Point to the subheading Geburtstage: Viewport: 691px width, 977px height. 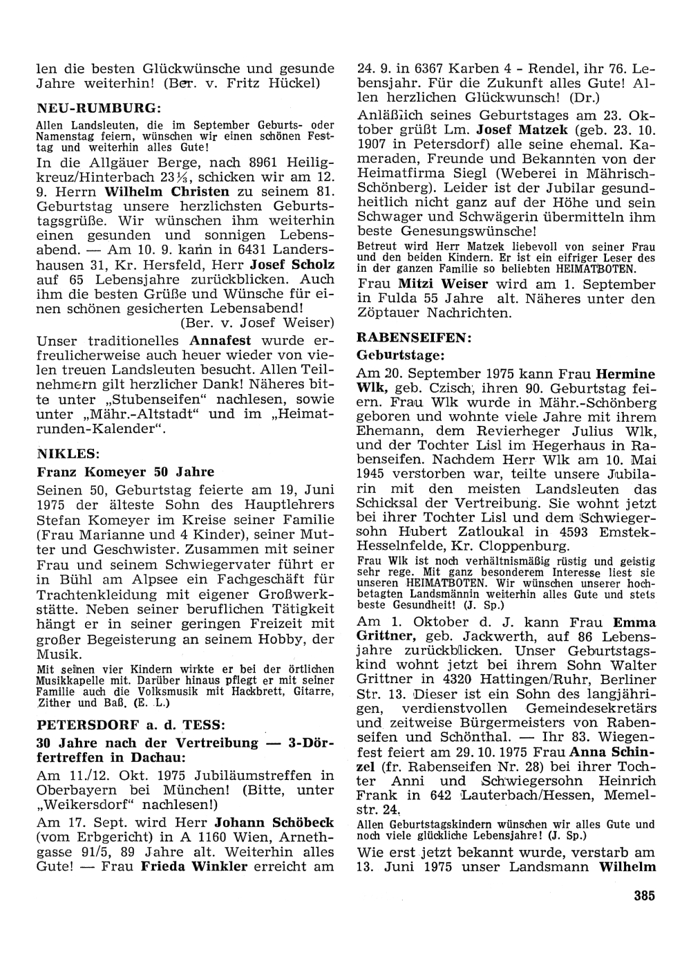[x=399, y=355]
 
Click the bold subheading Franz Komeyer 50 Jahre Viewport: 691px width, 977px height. [x=125, y=472]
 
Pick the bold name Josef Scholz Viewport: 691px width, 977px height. [x=292, y=265]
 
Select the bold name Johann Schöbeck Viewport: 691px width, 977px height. [x=274, y=823]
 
